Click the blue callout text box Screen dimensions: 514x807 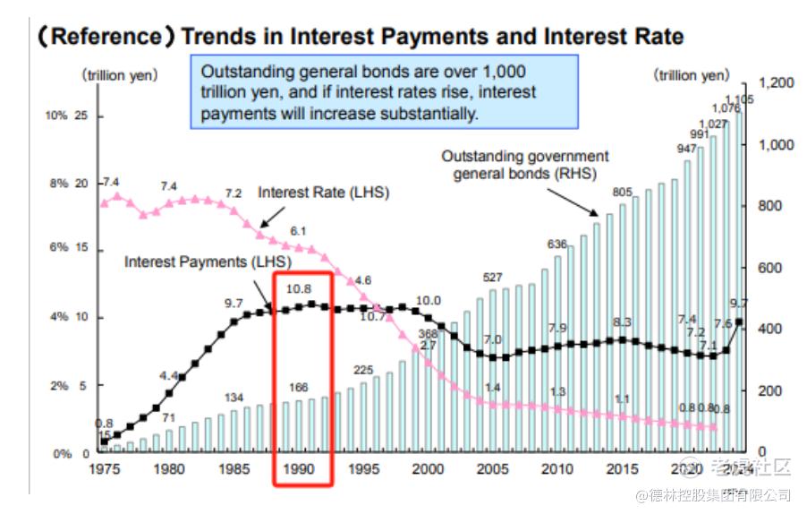tap(384, 92)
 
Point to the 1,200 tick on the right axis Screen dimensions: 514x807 tap(775, 83)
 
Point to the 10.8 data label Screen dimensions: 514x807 tap(299, 289)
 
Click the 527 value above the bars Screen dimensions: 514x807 tap(493, 278)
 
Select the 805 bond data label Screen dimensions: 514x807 tap(623, 192)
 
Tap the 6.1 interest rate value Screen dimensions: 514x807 tap(299, 231)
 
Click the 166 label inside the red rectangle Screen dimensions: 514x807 tap(299, 387)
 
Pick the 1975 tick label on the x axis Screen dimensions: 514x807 tap(104, 468)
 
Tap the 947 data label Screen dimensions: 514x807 tap(687, 148)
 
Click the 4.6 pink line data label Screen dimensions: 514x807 tap(362, 280)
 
